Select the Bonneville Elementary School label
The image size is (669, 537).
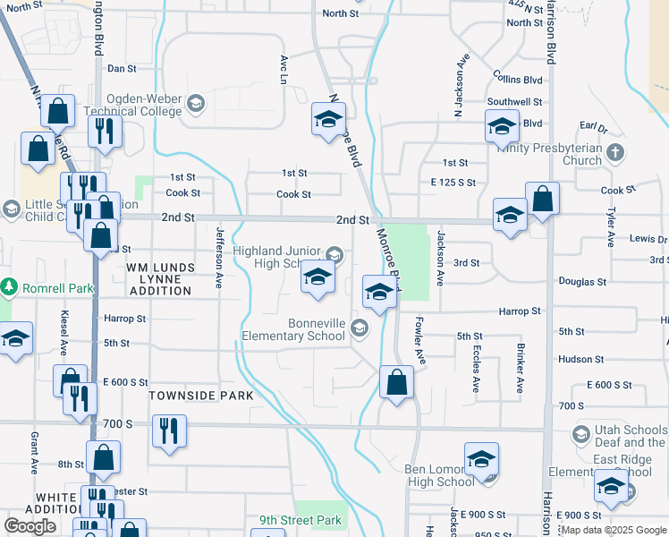[x=293, y=329]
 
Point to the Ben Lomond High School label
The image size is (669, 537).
[x=427, y=475]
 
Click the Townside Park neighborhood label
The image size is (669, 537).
[x=189, y=395]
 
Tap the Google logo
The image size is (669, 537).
[x=30, y=525]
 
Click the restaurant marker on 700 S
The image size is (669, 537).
[x=167, y=430]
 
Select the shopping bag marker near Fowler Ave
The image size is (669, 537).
[x=396, y=382]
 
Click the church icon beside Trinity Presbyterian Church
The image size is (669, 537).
[x=614, y=151]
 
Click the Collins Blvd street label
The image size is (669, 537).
[x=517, y=79]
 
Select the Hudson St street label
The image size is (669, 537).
[x=580, y=359]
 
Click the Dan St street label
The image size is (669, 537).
[x=122, y=68]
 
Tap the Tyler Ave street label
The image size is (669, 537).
[x=612, y=227]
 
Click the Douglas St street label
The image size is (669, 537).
[x=582, y=281]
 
